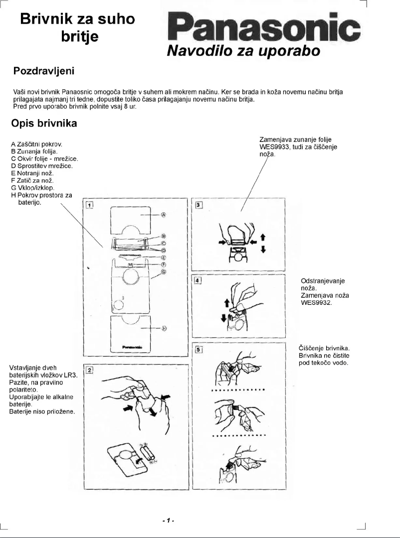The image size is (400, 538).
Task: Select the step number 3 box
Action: (x=199, y=204)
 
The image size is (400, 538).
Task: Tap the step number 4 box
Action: (x=199, y=280)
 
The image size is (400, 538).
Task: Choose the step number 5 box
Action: (x=199, y=350)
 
